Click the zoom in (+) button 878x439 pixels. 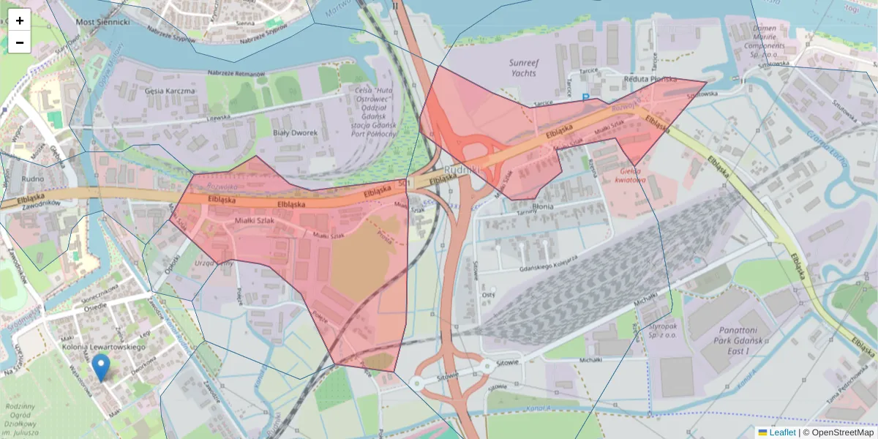click(20, 20)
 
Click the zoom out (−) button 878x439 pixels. click(20, 42)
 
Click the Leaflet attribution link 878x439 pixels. click(781, 432)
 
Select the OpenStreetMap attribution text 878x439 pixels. click(841, 432)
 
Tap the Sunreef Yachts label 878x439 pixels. click(522, 68)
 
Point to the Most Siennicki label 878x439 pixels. click(103, 23)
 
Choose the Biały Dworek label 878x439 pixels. click(295, 132)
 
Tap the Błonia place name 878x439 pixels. click(542, 207)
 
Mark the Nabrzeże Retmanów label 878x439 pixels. click(236, 73)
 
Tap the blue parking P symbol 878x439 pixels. click(585, 96)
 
